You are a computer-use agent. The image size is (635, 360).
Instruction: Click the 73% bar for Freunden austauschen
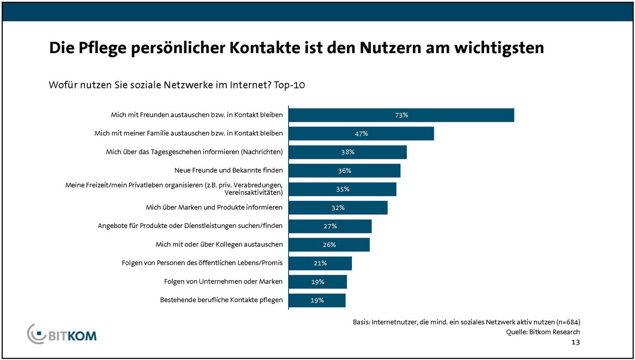[401, 115]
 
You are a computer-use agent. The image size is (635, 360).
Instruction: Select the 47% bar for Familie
[361, 133]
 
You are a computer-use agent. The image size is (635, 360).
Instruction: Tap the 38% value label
[348, 152]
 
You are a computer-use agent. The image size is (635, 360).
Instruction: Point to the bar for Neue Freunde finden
[345, 170]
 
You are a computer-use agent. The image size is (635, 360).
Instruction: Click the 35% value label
[343, 189]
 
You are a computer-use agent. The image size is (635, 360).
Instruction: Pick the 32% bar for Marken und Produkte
[338, 207]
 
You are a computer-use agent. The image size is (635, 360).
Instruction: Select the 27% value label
[330, 226]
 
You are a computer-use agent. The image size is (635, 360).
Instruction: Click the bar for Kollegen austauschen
[329, 245]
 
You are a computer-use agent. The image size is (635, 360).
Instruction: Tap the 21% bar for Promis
[320, 263]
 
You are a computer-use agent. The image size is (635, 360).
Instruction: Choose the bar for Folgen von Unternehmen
[318, 282]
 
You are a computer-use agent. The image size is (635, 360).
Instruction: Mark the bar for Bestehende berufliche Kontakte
[317, 300]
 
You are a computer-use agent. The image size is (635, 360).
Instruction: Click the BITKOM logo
[62, 334]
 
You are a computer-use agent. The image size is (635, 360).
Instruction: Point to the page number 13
[575, 342]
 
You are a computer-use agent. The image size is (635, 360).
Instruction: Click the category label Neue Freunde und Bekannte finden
[228, 170]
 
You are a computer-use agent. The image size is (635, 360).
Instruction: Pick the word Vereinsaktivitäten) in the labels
[254, 192]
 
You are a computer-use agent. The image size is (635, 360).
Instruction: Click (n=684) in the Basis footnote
[566, 322]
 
